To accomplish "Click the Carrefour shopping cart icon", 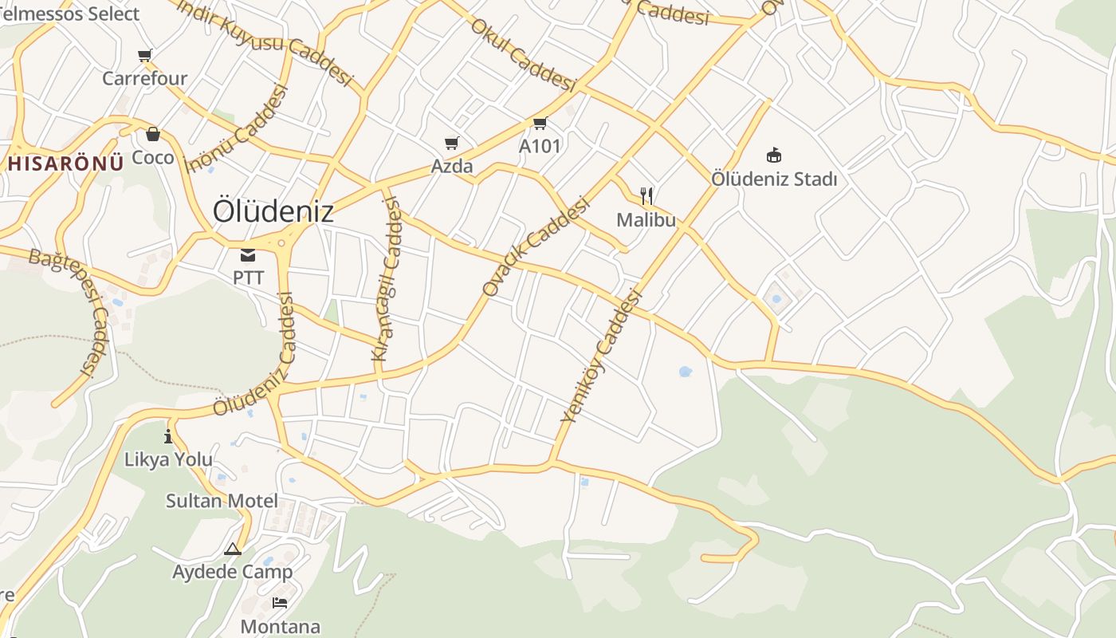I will pyautogui.click(x=144, y=56).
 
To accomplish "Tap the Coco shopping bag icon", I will pyautogui.click(x=152, y=134).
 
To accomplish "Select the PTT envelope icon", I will pyautogui.click(x=248, y=255).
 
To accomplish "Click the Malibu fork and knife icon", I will pyautogui.click(x=646, y=196).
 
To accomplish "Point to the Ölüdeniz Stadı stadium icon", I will pyautogui.click(x=773, y=155).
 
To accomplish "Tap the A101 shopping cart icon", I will pyautogui.click(x=540, y=124).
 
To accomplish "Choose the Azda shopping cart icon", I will pyautogui.click(x=452, y=144).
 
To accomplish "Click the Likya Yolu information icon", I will pyautogui.click(x=168, y=436).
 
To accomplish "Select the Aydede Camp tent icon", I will pyautogui.click(x=232, y=549).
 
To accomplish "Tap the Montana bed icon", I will pyautogui.click(x=280, y=602).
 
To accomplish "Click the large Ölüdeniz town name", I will pyautogui.click(x=273, y=211).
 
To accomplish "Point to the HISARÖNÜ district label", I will pyautogui.click(x=66, y=163).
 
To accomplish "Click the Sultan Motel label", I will pyautogui.click(x=222, y=501).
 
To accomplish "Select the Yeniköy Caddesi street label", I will pyautogui.click(x=602, y=356).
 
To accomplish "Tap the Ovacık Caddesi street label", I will pyautogui.click(x=536, y=247).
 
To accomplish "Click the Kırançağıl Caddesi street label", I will pyautogui.click(x=387, y=279).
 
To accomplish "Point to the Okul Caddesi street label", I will pyautogui.click(x=523, y=54).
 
